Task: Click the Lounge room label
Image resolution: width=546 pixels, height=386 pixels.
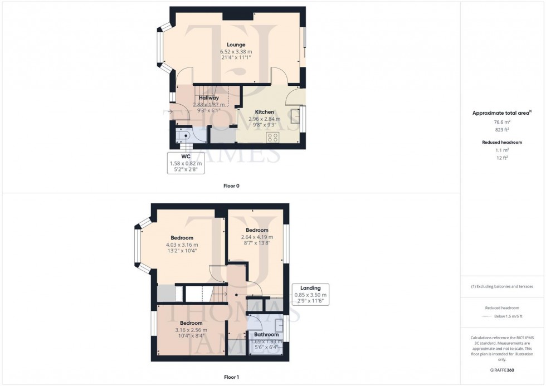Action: tap(236, 45)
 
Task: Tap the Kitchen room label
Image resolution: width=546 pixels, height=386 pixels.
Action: tap(265, 111)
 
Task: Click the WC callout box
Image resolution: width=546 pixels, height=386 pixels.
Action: tap(186, 163)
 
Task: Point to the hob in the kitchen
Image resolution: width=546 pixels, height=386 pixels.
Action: tap(273, 138)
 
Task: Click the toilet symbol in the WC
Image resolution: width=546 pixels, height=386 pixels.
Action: tap(184, 136)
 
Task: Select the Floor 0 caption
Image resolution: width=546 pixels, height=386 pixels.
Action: tap(231, 185)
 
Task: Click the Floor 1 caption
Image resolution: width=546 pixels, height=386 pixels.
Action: tap(231, 377)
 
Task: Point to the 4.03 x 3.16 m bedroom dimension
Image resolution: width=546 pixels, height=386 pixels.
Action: tap(182, 245)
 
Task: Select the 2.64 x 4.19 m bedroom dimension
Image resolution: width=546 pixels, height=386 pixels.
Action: tap(257, 237)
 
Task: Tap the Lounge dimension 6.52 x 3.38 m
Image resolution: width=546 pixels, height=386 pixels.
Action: tap(236, 51)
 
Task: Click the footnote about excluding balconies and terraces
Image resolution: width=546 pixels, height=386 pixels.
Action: tap(502, 286)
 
